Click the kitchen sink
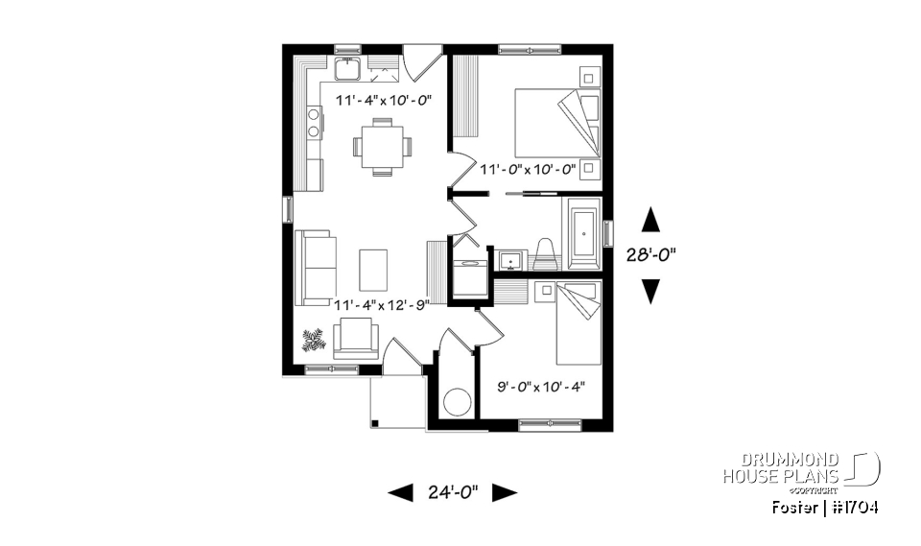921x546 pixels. (x=346, y=69)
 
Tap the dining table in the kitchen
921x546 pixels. (x=382, y=147)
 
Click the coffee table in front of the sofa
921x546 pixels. (x=374, y=268)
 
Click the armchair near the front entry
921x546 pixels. (x=356, y=338)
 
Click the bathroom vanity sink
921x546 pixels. (x=510, y=260)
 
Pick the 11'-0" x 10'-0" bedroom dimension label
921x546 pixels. (x=527, y=170)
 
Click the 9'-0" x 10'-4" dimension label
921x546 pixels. (x=541, y=388)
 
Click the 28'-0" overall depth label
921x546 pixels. (x=651, y=255)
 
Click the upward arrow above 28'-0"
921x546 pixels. (x=651, y=220)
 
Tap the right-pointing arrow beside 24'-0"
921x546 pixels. (x=505, y=492)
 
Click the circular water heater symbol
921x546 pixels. (x=456, y=401)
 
